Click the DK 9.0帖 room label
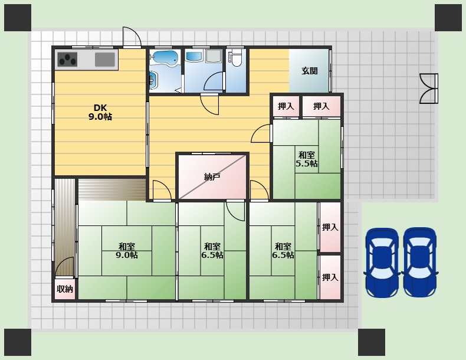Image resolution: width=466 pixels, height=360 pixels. (x=100, y=112)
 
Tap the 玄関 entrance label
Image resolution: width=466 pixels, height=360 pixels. (x=310, y=71)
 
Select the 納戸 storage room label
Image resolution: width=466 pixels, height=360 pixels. (x=212, y=177)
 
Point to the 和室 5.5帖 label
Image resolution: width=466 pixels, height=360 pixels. (x=306, y=159)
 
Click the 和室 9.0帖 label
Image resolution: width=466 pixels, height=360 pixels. (x=127, y=251)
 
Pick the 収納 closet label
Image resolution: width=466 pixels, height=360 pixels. (x=65, y=289)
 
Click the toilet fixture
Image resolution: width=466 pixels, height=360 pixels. (x=237, y=58)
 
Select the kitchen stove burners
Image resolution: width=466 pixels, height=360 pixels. (x=67, y=60)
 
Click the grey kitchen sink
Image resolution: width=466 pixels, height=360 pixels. (x=105, y=60)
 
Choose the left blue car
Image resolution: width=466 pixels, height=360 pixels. (x=382, y=263)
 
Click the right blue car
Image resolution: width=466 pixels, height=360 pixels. (x=419, y=263)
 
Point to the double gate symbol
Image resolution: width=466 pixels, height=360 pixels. (x=429, y=89)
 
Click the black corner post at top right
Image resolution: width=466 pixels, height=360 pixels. (x=448, y=18)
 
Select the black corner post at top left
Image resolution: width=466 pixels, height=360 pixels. (x=18, y=18)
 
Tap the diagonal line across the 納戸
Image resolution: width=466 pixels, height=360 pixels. (x=212, y=177)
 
